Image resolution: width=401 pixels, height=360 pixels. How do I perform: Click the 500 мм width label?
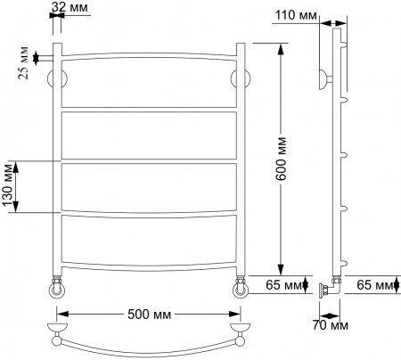(150, 315)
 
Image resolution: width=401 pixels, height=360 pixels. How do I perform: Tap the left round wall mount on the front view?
(60, 78)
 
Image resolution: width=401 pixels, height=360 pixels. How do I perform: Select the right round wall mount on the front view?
(240, 78)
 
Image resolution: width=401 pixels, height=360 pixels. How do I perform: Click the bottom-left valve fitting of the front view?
(56, 287)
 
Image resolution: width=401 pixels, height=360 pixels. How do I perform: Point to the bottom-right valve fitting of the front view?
(241, 287)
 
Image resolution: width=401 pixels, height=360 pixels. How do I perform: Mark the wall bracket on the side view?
(323, 78)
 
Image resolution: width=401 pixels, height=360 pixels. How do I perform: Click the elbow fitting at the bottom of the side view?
(331, 287)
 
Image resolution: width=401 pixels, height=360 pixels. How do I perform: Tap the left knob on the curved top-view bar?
(58, 338)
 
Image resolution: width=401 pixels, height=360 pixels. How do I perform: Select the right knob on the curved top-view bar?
(241, 338)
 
